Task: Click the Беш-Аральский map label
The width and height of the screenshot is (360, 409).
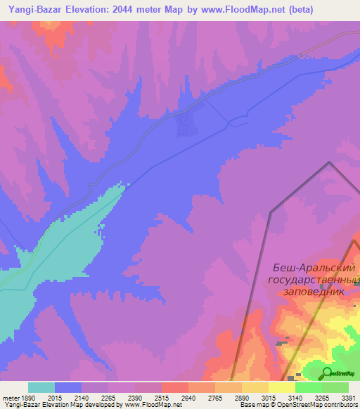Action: tap(314, 268)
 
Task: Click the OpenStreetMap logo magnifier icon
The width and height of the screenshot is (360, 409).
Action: tap(327, 373)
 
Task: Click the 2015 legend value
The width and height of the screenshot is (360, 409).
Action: tap(55, 398)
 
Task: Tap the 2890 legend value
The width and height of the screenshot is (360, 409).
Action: tap(242, 398)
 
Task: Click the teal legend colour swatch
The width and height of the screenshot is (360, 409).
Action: tap(41, 387)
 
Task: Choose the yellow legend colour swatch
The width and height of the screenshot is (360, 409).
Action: tap(282, 387)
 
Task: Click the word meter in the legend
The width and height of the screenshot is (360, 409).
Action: tap(9, 398)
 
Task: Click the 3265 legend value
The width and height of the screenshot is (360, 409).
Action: tap(322, 398)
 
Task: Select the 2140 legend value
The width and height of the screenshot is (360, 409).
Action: tap(82, 398)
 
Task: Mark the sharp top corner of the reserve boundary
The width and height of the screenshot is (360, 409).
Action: tap(329, 162)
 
